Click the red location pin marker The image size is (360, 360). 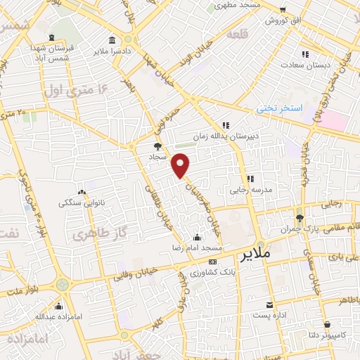(181, 165)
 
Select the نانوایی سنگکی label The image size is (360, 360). (82, 203)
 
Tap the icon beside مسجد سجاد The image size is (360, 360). (157, 147)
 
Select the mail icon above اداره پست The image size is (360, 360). (270, 304)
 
